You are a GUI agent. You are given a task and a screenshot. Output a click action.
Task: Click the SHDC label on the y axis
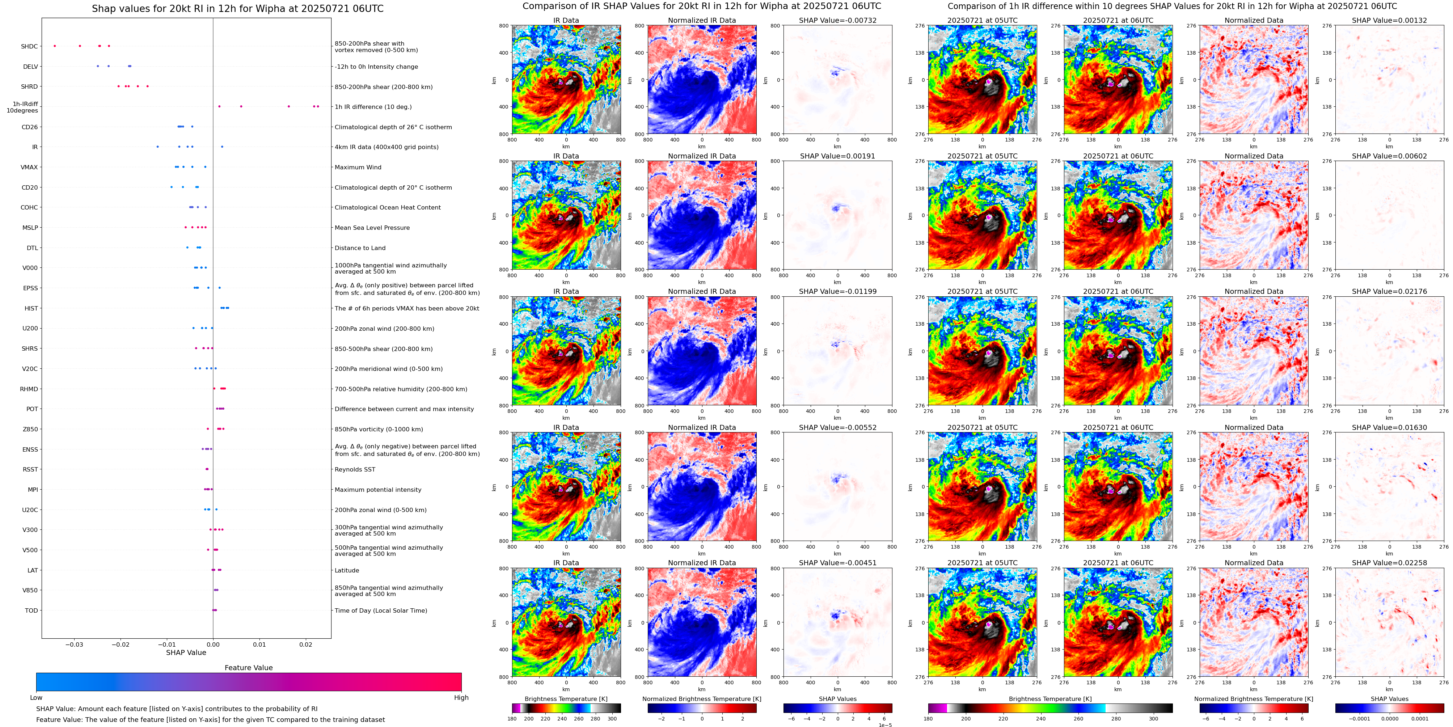(29, 46)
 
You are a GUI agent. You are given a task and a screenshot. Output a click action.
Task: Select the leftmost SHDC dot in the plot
(55, 46)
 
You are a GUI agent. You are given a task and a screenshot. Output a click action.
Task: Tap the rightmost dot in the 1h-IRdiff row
(318, 107)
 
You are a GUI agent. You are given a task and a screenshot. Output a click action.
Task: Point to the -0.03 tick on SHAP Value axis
(73, 644)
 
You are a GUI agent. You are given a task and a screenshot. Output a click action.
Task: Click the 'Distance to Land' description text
(360, 248)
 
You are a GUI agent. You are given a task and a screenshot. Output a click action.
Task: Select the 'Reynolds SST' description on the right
(355, 470)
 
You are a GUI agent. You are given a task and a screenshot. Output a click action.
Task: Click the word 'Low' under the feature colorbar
(36, 698)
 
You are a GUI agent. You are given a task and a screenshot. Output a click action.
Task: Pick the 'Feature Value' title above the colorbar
(248, 668)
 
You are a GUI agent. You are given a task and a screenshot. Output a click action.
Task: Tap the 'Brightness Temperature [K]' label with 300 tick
(566, 699)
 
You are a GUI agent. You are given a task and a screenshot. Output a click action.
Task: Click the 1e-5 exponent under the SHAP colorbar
(884, 725)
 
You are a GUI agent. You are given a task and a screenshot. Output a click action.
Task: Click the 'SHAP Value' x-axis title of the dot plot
(186, 652)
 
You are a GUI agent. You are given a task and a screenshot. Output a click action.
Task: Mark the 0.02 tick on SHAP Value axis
(306, 644)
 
